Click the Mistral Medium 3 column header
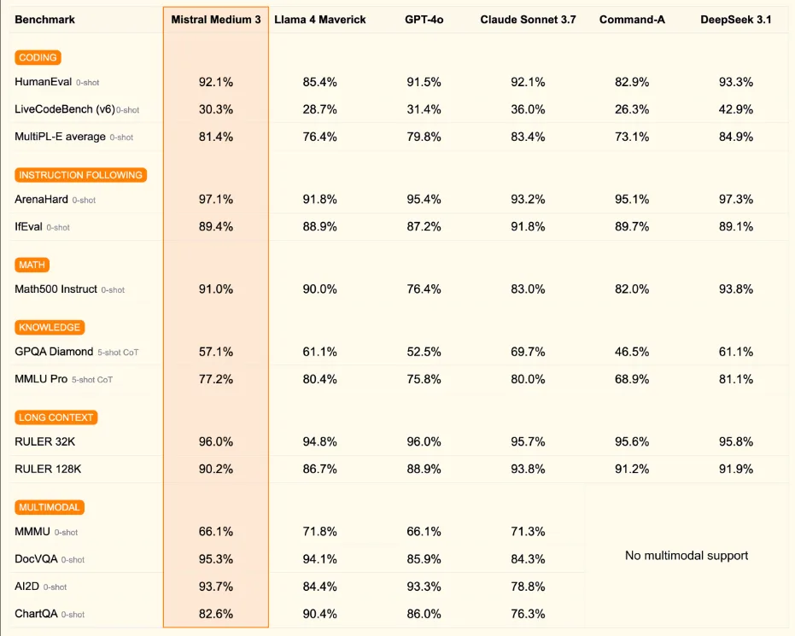215,20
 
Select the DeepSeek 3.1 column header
735,20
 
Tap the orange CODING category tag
38,58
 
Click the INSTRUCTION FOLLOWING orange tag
80,175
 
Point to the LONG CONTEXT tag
56,417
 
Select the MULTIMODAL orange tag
49,507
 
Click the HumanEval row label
43,82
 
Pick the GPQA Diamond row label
54,352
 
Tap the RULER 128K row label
48,469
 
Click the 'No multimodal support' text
687,556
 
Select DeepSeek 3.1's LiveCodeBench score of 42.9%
735,109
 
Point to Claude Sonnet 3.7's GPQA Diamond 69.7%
527,352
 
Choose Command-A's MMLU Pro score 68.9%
631,379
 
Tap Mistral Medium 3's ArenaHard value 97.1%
215,199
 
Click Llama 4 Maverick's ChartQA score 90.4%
319,614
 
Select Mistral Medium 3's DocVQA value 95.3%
215,559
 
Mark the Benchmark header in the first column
44,20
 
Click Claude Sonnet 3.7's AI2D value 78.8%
527,586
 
